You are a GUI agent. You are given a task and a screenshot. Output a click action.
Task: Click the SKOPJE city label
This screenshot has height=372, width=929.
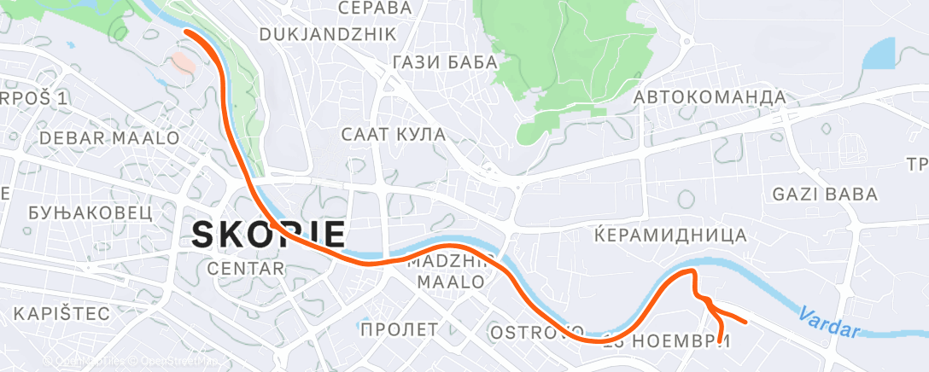tap(269, 234)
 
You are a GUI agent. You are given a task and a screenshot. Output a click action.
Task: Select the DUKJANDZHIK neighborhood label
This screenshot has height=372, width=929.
tap(327, 34)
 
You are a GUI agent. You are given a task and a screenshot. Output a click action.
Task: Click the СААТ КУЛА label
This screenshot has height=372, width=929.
tap(394, 134)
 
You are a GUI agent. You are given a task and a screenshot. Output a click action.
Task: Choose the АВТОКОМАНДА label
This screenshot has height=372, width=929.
tap(710, 97)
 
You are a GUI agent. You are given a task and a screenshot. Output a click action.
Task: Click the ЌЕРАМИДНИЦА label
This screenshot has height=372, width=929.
tap(670, 235)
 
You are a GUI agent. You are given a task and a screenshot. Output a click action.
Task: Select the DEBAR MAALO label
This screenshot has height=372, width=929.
tap(109, 137)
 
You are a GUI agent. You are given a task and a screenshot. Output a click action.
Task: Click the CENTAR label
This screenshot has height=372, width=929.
tap(246, 269)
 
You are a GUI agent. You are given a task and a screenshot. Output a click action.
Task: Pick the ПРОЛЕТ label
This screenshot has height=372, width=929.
tap(400, 328)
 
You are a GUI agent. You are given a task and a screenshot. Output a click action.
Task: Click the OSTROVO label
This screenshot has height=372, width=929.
tap(536, 330)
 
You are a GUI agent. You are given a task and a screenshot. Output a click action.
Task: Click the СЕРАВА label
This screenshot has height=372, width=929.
tap(375, 8)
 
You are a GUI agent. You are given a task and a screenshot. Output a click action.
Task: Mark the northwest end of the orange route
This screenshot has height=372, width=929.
tap(186, 32)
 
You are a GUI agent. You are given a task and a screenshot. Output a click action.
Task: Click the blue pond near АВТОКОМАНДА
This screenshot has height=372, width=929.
tap(879, 55)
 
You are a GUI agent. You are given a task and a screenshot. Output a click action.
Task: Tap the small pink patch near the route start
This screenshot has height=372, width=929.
tap(183, 62)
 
